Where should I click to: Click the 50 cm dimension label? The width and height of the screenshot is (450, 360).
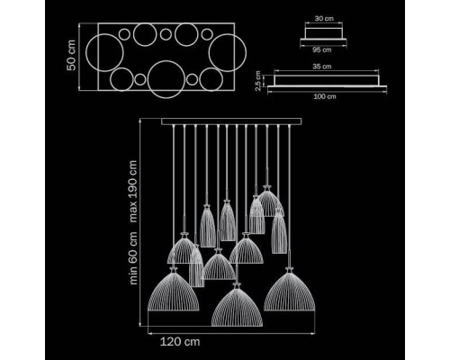tap(71, 56)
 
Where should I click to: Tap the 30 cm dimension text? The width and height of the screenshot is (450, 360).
tap(324, 18)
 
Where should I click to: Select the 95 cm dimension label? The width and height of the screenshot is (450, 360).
tap(322, 49)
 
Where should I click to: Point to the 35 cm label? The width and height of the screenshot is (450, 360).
tap(322, 67)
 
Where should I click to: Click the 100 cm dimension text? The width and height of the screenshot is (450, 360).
tap(325, 96)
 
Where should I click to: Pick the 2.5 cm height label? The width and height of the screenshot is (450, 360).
tap(257, 81)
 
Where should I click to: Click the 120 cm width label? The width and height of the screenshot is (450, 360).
tap(180, 342)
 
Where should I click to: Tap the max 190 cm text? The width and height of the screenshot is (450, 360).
tap(132, 191)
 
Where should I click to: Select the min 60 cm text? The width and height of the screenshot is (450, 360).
tap(132, 257)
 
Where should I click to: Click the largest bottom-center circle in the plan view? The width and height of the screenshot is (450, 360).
tap(166, 61)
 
